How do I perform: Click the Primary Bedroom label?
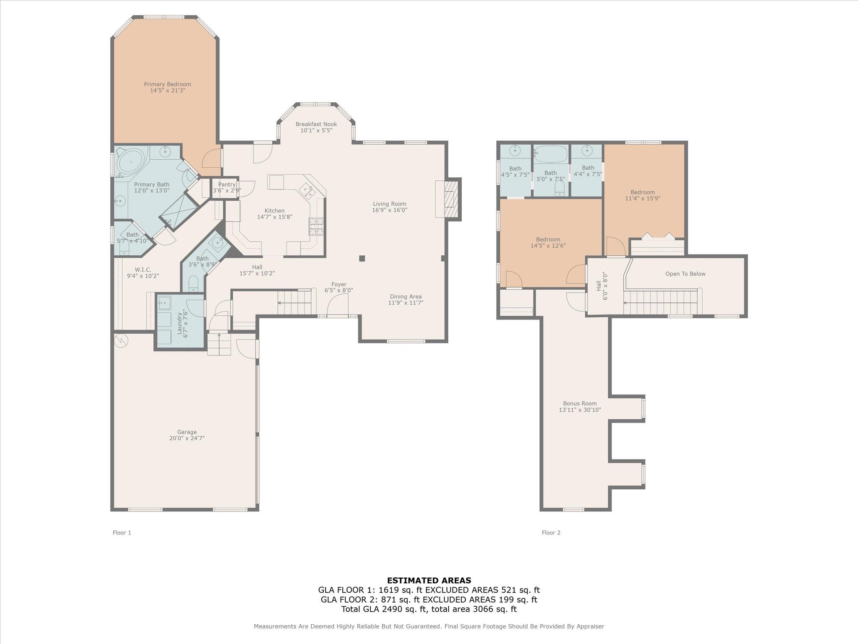click(x=168, y=84)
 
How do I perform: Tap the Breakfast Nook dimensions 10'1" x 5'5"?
click(x=316, y=130)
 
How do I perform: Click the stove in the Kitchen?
click(x=316, y=226)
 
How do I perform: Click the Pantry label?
click(x=227, y=184)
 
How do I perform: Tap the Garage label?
click(x=186, y=432)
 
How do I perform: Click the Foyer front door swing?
click(x=338, y=304)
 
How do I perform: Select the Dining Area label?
click(x=406, y=296)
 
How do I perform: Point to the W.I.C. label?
click(x=143, y=270)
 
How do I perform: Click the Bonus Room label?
click(x=580, y=403)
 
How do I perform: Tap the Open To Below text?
click(x=685, y=274)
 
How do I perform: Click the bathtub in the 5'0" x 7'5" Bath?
click(x=550, y=154)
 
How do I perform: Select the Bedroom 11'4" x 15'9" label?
click(x=643, y=192)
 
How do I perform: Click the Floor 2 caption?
click(x=551, y=532)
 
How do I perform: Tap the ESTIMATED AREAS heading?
click(x=429, y=580)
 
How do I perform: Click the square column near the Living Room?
click(x=362, y=259)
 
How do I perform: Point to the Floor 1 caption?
click(x=122, y=532)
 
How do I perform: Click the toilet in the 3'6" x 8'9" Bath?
click(x=193, y=283)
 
